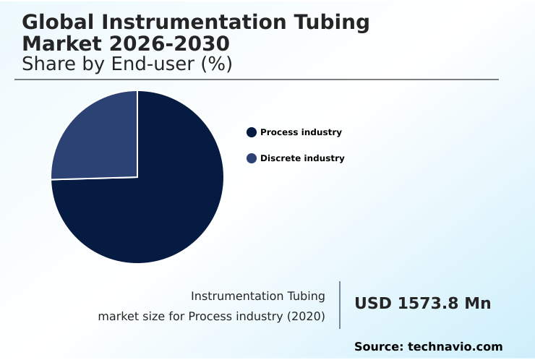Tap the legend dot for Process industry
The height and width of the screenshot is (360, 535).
pyautogui.click(x=252, y=132)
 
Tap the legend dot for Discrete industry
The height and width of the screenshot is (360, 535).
pyautogui.click(x=252, y=158)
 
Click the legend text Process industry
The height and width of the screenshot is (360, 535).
pyautogui.click(x=301, y=132)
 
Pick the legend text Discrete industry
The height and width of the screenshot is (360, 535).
pyautogui.click(x=302, y=158)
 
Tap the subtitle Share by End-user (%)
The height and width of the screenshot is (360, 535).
pyautogui.click(x=127, y=64)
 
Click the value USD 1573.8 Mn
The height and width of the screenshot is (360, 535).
pyautogui.click(x=422, y=304)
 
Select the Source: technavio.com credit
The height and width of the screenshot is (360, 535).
pyautogui.click(x=428, y=347)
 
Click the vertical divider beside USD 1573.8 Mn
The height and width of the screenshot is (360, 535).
pyautogui.click(x=340, y=305)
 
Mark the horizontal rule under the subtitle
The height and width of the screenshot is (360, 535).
pyautogui.click(x=257, y=80)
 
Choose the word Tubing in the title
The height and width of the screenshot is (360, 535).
pyautogui.click(x=335, y=23)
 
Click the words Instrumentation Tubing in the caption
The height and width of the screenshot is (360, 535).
pyautogui.click(x=257, y=296)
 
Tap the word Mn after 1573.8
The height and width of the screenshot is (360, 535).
pyautogui.click(x=477, y=304)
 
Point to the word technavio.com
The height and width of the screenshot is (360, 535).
pyautogui.click(x=455, y=347)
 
